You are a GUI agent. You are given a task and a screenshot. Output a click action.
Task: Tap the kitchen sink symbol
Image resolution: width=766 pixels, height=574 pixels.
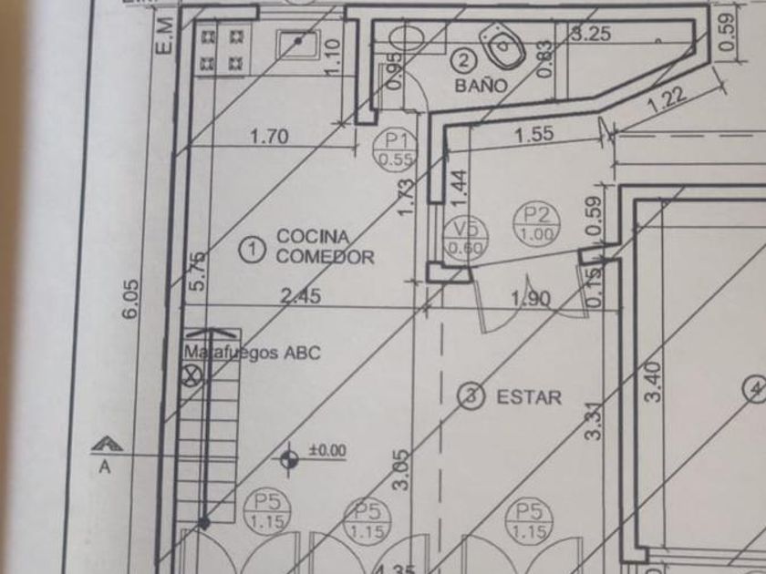click(x=298, y=43)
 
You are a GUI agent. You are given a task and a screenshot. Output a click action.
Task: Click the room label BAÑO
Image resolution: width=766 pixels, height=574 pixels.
click(x=481, y=85)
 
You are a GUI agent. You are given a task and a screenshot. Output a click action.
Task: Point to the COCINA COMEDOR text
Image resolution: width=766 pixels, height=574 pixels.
click(x=325, y=247)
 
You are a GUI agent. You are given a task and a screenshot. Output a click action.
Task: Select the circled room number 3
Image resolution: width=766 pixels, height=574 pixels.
click(x=471, y=395)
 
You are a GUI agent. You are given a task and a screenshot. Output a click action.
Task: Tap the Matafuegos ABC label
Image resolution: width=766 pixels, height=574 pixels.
click(x=253, y=353)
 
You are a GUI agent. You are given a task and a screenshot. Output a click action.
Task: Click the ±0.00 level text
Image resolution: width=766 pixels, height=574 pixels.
click(x=327, y=449)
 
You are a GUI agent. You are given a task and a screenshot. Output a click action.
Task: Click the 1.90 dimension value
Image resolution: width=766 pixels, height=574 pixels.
click(x=532, y=297)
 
